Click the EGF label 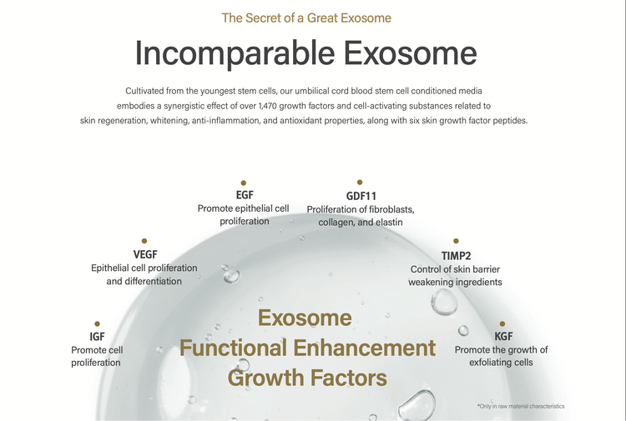(245, 195)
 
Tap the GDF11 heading (361, 196)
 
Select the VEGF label (145, 254)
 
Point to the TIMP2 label (456, 256)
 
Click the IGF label (97, 337)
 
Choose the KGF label (503, 337)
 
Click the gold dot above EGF (244, 183)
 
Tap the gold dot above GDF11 (360, 183)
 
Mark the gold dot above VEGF (144, 241)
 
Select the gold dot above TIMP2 (456, 241)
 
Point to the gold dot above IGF (97, 323)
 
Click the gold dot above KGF (502, 323)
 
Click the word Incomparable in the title (235, 54)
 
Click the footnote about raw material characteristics (521, 406)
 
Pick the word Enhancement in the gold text (365, 348)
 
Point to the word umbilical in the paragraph (312, 91)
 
